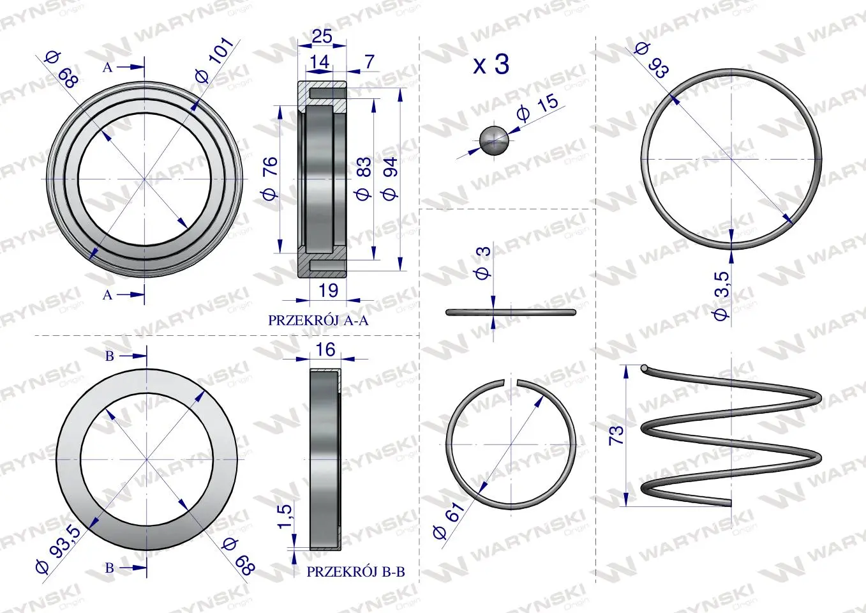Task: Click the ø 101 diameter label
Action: [x=214, y=59]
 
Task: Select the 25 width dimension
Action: [x=322, y=36]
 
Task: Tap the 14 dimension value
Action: [x=319, y=62]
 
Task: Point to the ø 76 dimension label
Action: [x=270, y=178]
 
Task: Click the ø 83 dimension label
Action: [x=363, y=178]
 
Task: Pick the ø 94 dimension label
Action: [x=390, y=178]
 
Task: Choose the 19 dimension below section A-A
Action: [x=328, y=291]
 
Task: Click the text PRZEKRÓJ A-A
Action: [x=318, y=321]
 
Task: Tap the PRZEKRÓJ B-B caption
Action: [x=355, y=571]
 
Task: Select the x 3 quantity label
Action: [x=491, y=64]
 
